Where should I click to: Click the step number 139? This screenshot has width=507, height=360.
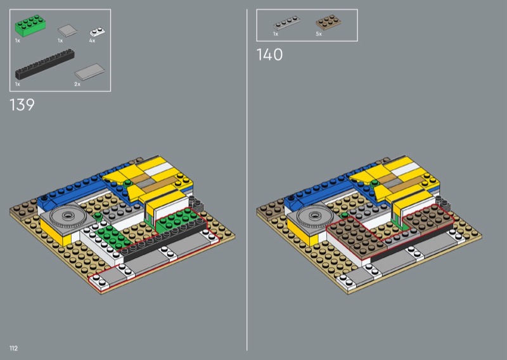(x=22, y=105)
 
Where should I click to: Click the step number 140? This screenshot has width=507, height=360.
(x=269, y=55)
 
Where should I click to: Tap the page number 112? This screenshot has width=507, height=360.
(x=13, y=348)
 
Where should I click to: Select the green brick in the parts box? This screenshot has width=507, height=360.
(x=30, y=25)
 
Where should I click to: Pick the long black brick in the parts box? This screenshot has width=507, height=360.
(x=44, y=64)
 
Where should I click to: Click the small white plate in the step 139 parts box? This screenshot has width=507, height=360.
(x=97, y=32)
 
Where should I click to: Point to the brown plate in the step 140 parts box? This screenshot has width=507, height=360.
(x=328, y=22)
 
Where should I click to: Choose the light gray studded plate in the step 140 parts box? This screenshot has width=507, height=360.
(x=286, y=23)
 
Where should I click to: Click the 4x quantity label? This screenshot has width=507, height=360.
(x=92, y=41)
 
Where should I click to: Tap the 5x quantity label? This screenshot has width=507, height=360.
(x=319, y=34)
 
